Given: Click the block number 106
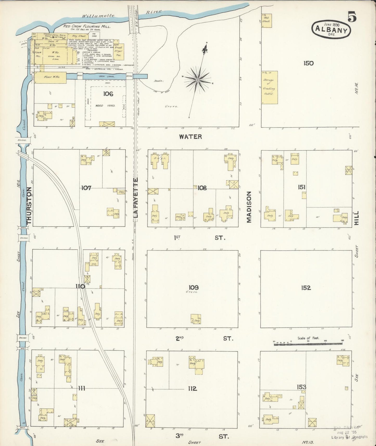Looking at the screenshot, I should pos(108,94).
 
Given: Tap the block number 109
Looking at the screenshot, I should pos(194,287).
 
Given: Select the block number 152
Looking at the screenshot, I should pos(306,288).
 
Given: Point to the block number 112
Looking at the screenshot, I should pos(192,388).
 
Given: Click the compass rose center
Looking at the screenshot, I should pos(197,80).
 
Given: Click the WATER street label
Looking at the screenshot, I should pos(190,137).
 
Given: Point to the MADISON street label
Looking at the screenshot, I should pos(249,207).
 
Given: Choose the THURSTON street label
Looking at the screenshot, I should pos(29,205).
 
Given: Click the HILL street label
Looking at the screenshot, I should pos(356,218).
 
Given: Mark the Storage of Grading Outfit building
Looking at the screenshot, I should pos(269,87).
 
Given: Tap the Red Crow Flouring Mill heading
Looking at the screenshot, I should pos(87,26).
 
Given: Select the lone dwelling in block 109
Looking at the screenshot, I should pos(196,319).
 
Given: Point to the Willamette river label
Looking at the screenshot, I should pos(98,16).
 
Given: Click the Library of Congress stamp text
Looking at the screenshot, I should pos(349,437).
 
